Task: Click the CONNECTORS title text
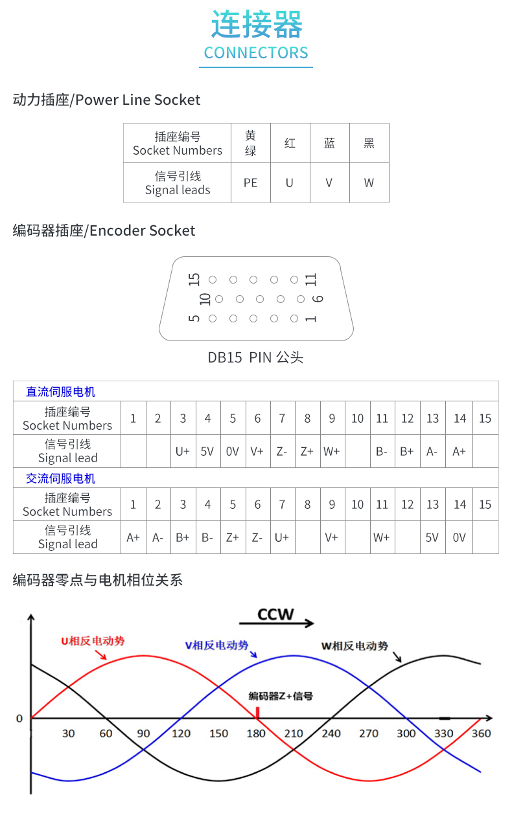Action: click(x=256, y=52)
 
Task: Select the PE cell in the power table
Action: click(x=251, y=183)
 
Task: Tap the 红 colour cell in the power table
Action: click(x=290, y=143)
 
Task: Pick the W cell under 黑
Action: click(x=369, y=183)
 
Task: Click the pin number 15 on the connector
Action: click(x=194, y=280)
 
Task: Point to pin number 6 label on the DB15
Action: click(x=318, y=299)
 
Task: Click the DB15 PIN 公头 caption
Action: click(x=255, y=357)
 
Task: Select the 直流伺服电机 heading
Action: click(x=60, y=392)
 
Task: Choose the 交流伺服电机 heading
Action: click(x=60, y=478)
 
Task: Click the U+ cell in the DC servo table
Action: click(x=183, y=452)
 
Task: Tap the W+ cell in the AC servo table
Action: click(x=382, y=537)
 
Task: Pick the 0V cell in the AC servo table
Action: click(x=460, y=537)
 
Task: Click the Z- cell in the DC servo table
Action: click(x=282, y=452)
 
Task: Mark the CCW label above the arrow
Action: click(x=275, y=614)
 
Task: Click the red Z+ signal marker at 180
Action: click(x=257, y=713)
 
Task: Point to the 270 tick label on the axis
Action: click(x=369, y=733)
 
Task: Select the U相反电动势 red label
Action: click(x=93, y=641)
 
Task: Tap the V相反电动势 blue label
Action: click(x=216, y=645)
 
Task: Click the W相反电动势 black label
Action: click(x=355, y=646)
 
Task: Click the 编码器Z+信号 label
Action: click(x=281, y=696)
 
